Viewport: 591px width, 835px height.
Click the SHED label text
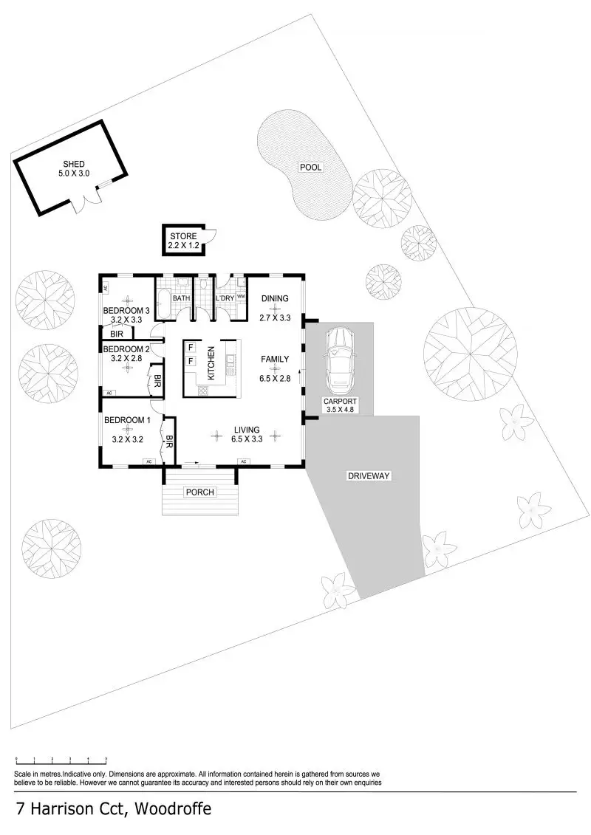[x=74, y=164]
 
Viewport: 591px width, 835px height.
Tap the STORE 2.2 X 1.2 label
[x=183, y=241]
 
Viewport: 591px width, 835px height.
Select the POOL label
[x=311, y=167]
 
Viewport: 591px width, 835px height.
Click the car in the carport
[x=340, y=357]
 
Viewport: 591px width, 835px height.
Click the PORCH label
[x=200, y=492]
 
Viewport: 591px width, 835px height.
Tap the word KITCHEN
[x=211, y=363]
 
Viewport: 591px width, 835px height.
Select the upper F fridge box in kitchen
[x=191, y=348]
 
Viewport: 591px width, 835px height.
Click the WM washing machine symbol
[x=241, y=297]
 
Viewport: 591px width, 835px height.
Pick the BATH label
[x=181, y=298]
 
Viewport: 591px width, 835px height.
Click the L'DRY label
[x=225, y=298]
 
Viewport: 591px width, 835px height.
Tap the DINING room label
[x=275, y=299]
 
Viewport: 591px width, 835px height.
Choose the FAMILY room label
[x=275, y=360]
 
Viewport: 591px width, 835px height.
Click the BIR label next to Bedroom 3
[x=117, y=334]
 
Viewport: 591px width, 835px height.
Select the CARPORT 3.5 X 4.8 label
[x=340, y=405]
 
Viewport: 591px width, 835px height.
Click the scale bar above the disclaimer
[x=61, y=759]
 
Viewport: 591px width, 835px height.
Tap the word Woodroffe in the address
[x=173, y=809]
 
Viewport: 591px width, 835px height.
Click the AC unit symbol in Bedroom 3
[x=104, y=288]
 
